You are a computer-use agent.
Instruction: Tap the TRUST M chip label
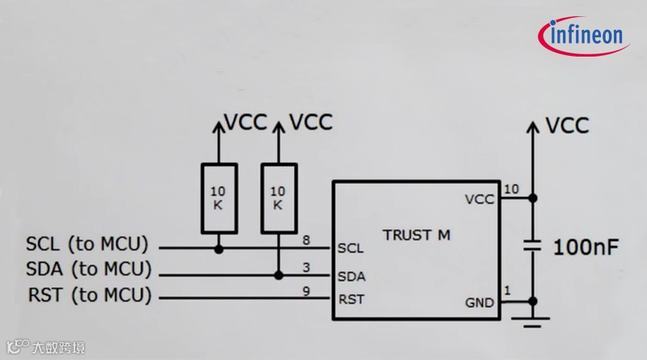[x=417, y=235]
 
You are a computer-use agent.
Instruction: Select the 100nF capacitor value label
[x=586, y=248]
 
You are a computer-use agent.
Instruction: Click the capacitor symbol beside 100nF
[x=532, y=246]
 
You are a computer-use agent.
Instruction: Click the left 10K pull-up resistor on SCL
[x=218, y=198]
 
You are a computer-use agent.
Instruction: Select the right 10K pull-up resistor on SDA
[x=277, y=198]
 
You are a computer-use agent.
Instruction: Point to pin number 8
[x=306, y=240]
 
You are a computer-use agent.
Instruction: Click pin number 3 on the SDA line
[x=306, y=266]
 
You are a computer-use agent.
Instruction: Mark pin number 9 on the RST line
[x=306, y=292]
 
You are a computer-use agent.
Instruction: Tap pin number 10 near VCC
[x=511, y=189]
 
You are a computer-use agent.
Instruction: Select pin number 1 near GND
[x=507, y=291]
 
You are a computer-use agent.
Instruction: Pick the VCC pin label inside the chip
[x=480, y=198]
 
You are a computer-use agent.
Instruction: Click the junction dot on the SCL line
[x=218, y=249]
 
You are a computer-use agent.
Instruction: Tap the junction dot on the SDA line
[x=278, y=275]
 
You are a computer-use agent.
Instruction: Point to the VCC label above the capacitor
[x=567, y=125]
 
